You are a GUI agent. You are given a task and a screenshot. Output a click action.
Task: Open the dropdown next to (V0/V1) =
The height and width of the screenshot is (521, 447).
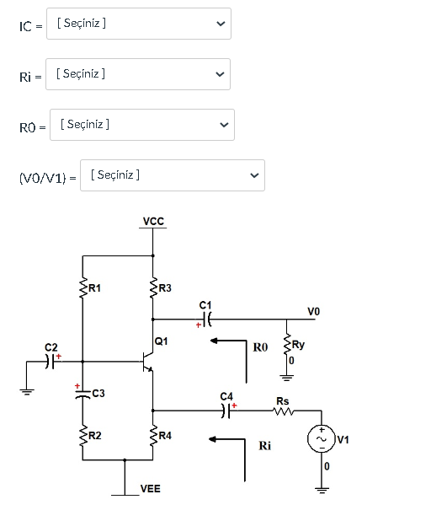pos(173,175)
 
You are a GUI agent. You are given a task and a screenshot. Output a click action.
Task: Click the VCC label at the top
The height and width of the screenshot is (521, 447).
pos(153,222)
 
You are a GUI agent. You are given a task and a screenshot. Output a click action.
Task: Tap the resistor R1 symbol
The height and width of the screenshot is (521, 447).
pos(82,289)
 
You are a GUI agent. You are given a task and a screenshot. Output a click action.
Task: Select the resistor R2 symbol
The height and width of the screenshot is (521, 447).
pos(82,435)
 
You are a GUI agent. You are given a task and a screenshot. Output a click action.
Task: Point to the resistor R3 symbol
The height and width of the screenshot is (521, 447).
pos(153,289)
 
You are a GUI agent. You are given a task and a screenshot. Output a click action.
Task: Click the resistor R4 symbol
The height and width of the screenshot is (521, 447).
pos(153,435)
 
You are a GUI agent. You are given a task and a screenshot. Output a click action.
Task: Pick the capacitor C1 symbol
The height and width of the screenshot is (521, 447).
pos(208,320)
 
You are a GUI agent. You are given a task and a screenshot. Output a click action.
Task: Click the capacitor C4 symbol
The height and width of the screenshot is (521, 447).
pos(225,411)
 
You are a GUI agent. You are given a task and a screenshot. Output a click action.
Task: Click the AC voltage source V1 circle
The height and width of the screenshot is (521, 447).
pos(322,438)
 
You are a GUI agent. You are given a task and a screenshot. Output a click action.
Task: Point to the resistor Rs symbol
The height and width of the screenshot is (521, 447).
pos(283,411)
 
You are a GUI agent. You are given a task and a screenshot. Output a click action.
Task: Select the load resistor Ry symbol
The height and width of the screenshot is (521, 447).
pos(286,345)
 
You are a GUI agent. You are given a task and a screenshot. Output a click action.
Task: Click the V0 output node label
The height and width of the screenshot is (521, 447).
pos(313,311)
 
